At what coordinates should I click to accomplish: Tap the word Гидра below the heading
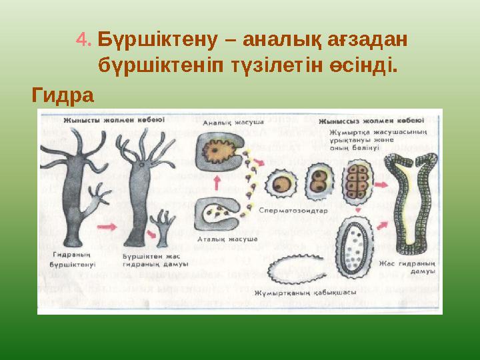[x=63, y=95]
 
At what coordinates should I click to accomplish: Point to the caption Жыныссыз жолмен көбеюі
[x=370, y=121]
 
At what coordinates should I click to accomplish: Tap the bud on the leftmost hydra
[x=100, y=199]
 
